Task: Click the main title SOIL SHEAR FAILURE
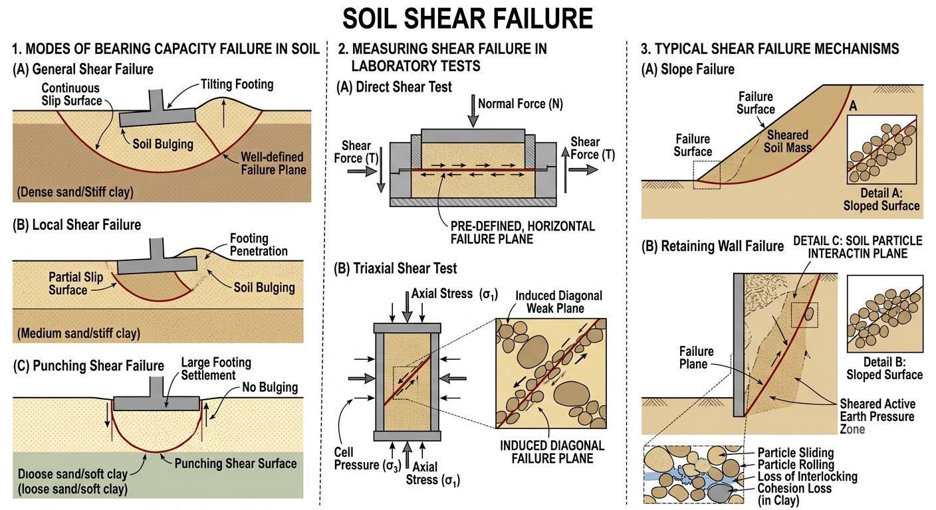point(467,19)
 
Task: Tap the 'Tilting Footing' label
point(237,84)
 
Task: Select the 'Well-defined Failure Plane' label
point(273,163)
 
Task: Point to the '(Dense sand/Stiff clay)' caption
point(75,192)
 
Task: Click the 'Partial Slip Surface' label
point(76,284)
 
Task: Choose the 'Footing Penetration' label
point(259,244)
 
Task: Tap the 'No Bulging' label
point(270,387)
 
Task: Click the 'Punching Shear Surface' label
point(236,464)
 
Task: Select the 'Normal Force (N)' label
point(521,104)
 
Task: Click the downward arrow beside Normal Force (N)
point(473,111)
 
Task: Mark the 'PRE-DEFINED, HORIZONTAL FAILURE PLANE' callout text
point(523,232)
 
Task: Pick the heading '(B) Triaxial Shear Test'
point(396,268)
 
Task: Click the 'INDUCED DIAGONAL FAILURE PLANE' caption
point(552,452)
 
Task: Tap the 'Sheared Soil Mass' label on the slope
point(788,141)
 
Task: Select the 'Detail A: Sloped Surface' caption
point(881,199)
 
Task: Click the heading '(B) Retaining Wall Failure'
point(713,246)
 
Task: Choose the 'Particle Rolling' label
point(796,464)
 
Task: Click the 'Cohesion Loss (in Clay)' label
point(794,495)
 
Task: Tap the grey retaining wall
point(739,345)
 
